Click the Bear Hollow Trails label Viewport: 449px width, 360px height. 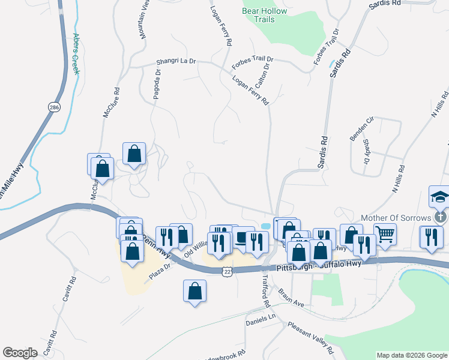tap(264, 15)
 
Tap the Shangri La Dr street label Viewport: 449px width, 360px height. tap(176, 61)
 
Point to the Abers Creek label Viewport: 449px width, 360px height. tap(76, 53)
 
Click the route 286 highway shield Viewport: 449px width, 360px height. tap(54, 107)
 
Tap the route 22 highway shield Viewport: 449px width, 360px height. tap(226, 272)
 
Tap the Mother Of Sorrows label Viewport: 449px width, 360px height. tap(397, 217)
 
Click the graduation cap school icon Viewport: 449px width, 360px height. tap(440, 196)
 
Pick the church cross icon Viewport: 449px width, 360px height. tap(440, 217)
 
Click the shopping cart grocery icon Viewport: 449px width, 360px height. tap(385, 233)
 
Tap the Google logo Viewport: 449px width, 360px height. tap(20, 353)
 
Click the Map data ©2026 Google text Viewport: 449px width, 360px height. tap(412, 355)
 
